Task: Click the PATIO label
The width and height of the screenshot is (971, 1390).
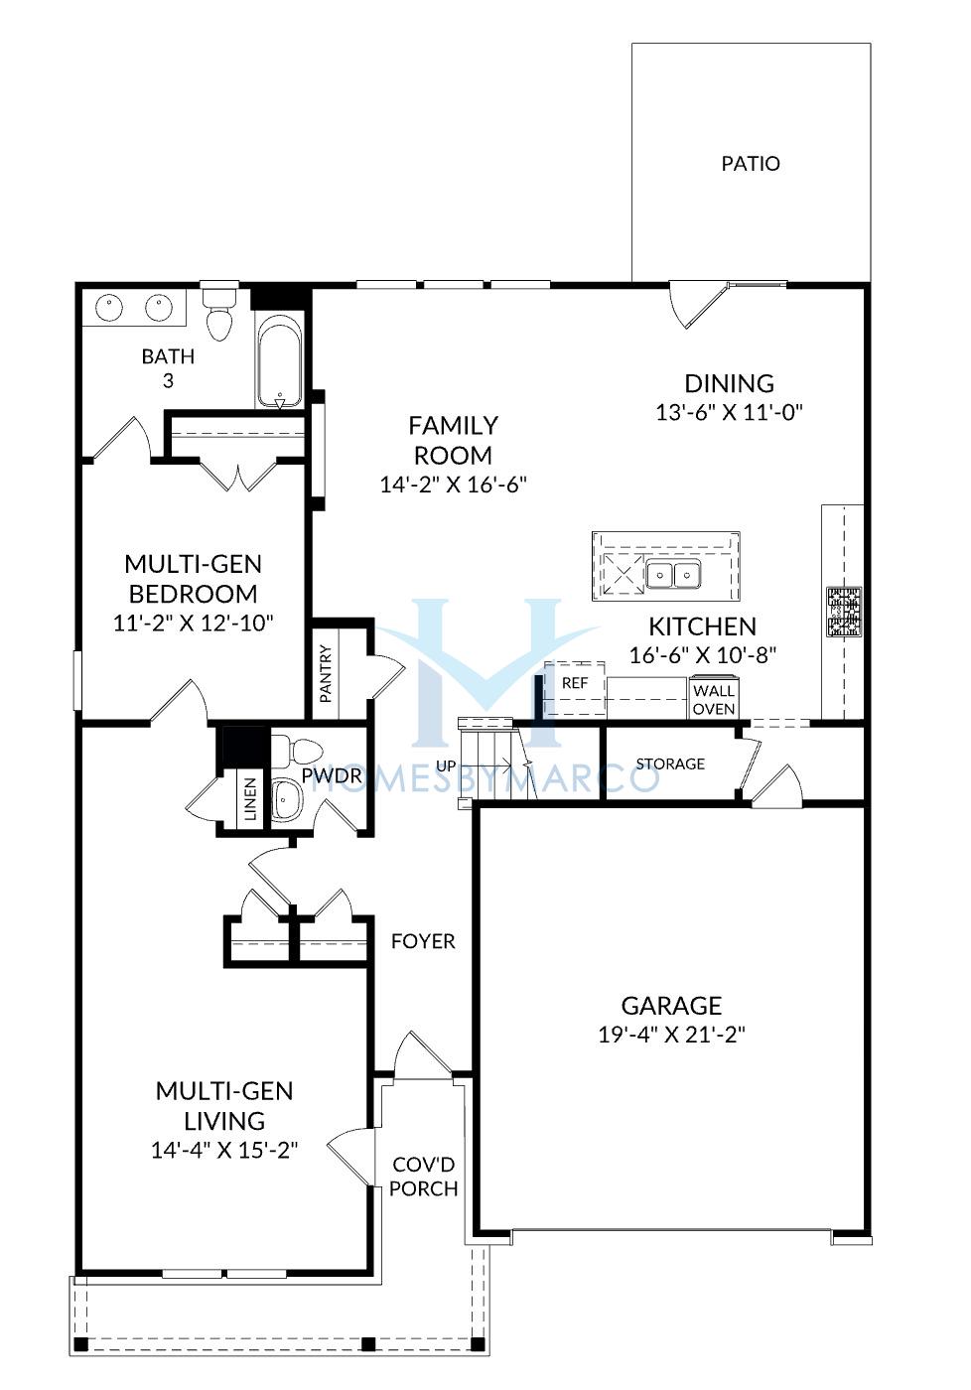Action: pos(751,164)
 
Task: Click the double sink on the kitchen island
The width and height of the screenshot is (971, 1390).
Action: pos(673,574)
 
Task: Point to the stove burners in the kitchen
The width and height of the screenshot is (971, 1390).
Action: pos(843,613)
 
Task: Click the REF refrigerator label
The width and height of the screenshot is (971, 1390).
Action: pos(575,683)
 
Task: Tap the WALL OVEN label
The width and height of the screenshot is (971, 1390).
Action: pos(714,700)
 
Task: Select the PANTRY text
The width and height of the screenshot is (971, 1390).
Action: pos(325,674)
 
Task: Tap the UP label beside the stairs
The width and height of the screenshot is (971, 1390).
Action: pos(446,766)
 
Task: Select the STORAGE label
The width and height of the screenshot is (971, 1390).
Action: pos(670,764)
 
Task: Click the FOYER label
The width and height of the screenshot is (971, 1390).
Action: pos(423,941)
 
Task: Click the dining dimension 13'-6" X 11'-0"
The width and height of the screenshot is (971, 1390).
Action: pos(730,412)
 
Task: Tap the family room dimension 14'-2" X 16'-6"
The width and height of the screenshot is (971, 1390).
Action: pos(453,485)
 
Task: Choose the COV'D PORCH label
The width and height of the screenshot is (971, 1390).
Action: pos(423,1177)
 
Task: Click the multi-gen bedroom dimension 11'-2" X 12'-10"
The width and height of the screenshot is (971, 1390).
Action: pos(193,623)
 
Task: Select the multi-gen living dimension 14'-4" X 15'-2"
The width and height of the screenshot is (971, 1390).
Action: pos(224,1150)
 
